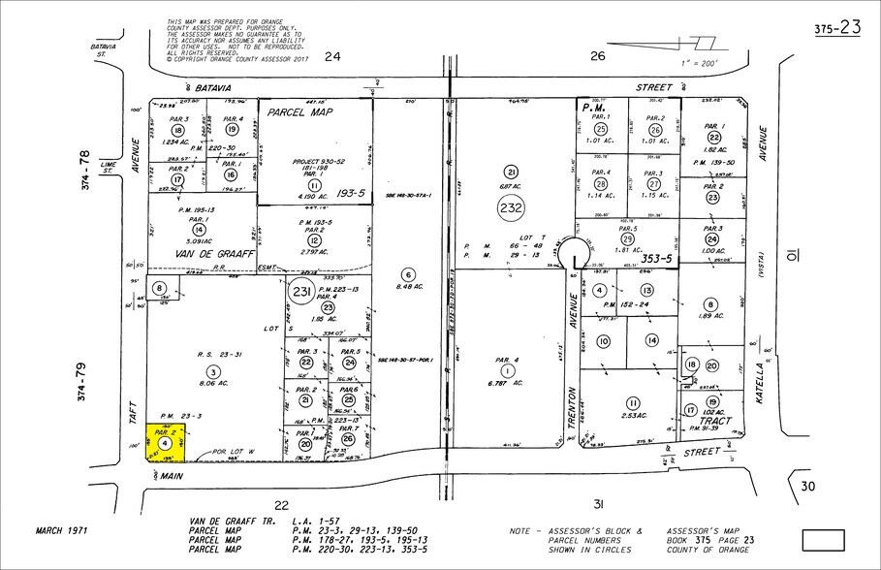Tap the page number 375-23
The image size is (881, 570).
pos(836,27)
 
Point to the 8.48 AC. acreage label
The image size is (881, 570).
pos(408,286)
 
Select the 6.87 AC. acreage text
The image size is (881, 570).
pos(511,185)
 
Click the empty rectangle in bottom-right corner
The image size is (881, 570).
pos(825,538)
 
